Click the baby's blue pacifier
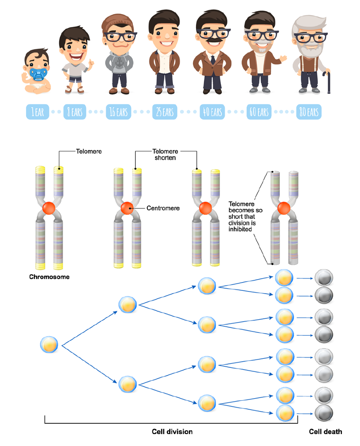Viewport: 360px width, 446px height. pos(37,73)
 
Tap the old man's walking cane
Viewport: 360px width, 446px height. pos(329,82)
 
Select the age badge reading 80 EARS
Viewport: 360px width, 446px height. pos(308,112)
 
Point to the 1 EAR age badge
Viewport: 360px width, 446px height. pos(38,112)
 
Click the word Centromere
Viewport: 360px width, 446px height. pos(163,208)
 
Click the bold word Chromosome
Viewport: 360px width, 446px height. pos(49,277)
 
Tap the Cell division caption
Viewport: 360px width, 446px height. pos(172,432)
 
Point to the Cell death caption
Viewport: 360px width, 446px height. pos(325,432)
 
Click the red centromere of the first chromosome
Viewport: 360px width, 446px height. pos(48,208)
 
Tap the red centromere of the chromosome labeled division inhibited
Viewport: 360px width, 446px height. pos(283,208)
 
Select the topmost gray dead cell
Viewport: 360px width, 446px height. pos(324,278)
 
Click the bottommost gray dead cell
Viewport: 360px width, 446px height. pos(324,413)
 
